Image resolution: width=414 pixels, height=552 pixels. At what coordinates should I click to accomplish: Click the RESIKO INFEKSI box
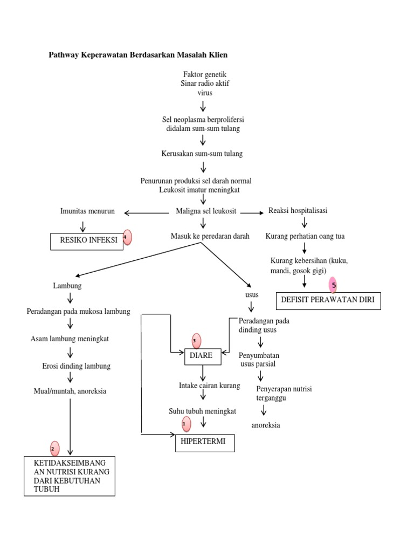point(86,240)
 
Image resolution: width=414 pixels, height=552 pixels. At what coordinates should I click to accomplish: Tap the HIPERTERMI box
point(204,442)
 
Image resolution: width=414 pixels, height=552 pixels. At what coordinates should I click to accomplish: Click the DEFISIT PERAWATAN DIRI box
point(328,301)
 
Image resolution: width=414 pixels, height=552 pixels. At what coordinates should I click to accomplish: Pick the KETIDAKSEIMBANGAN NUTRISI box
point(69,476)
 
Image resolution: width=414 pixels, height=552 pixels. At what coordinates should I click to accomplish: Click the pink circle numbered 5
point(334,285)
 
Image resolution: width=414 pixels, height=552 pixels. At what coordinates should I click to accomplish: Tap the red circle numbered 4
point(127,237)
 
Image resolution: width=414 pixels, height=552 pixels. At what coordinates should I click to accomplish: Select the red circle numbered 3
point(196,341)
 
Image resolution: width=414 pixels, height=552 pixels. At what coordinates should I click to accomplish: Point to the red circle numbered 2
point(53,448)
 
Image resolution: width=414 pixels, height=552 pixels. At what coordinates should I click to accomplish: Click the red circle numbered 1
point(185,424)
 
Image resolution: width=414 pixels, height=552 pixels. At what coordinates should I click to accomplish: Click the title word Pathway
point(64,55)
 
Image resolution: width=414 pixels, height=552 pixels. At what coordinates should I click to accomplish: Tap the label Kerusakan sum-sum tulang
point(202,154)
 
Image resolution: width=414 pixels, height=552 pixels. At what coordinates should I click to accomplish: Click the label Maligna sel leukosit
point(206,211)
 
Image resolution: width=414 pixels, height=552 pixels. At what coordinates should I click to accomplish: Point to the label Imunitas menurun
point(87,211)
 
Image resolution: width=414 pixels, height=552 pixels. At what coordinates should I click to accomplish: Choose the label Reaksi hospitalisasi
point(298,211)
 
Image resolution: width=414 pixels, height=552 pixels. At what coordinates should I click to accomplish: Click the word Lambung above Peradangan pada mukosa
point(67,286)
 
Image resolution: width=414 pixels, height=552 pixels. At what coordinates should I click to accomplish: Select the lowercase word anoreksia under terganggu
point(266,425)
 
